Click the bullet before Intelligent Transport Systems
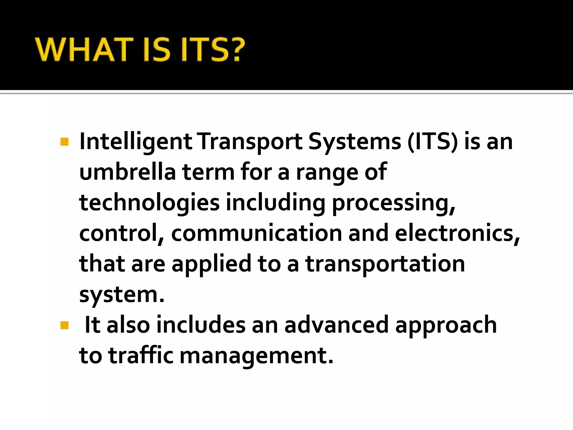(x=64, y=142)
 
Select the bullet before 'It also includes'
(x=64, y=325)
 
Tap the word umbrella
(x=128, y=172)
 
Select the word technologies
(x=149, y=203)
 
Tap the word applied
(x=212, y=264)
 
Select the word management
(x=256, y=356)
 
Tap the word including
(x=276, y=203)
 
